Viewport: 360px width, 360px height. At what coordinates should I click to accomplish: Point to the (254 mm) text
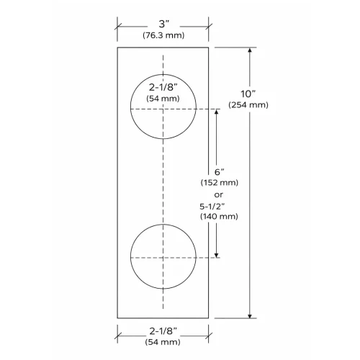click(248, 104)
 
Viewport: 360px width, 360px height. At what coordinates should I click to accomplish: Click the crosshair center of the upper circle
click(163, 108)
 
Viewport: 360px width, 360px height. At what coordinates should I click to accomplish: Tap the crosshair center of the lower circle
click(163, 256)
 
